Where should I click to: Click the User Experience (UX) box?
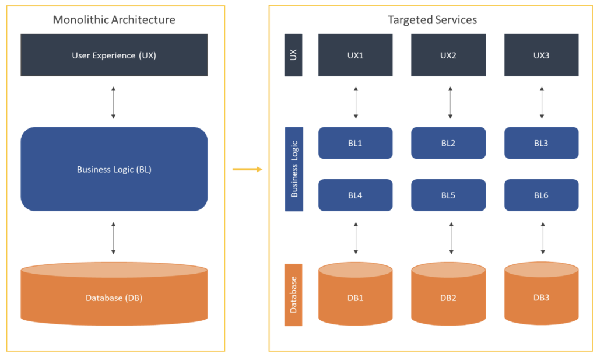click(114, 55)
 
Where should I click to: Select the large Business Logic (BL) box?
click(114, 169)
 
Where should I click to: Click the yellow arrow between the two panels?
click(247, 169)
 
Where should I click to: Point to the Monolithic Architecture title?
click(114, 20)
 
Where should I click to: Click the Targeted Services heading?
click(432, 20)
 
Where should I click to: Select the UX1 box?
click(355, 55)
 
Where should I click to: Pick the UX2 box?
click(448, 55)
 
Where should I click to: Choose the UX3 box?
click(541, 55)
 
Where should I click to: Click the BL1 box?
click(355, 143)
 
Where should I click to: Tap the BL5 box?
click(448, 195)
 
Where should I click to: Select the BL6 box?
click(541, 195)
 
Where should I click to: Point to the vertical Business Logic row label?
click(294, 169)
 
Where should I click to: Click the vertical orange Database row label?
click(293, 295)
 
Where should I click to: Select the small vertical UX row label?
click(293, 55)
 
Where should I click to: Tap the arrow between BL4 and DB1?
click(356, 237)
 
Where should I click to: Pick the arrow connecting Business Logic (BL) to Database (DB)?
click(113, 237)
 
